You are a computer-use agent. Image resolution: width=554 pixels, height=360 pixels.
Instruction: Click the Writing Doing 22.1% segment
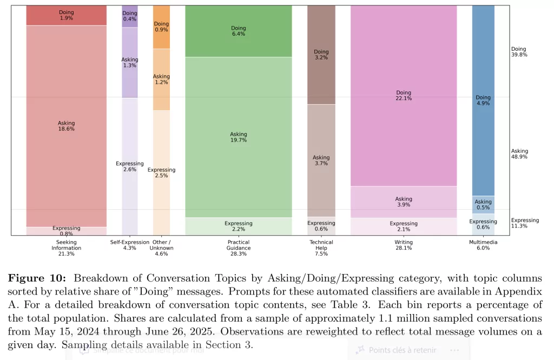click(404, 96)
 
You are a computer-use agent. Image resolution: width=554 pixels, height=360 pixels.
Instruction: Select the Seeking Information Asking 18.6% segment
click(66, 126)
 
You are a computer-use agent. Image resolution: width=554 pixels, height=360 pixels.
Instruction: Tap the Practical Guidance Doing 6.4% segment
click(238, 31)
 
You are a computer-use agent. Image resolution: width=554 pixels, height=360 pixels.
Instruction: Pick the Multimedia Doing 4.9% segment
click(483, 101)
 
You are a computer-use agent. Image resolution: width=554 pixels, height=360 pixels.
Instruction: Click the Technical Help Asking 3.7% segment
click(321, 161)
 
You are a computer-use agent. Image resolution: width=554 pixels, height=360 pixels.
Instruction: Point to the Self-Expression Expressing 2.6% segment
click(129, 166)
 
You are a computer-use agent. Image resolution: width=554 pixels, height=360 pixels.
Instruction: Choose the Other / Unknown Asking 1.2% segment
click(161, 79)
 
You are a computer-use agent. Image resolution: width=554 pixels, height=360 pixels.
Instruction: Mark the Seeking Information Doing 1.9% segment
click(66, 15)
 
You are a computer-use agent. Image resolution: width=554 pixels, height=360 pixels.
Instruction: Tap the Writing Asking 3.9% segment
click(404, 202)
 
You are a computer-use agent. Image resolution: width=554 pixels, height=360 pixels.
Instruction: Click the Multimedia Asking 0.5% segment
click(483, 204)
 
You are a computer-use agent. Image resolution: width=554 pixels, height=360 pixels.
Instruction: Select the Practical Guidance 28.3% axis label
click(238, 248)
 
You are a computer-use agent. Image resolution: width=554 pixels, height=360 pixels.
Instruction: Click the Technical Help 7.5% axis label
click(321, 248)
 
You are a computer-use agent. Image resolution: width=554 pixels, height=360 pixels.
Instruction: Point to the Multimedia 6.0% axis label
click(483, 245)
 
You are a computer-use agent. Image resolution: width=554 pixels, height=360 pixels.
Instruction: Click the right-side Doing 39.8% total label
click(519, 52)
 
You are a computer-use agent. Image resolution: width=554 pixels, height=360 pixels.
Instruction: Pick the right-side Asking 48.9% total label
click(519, 154)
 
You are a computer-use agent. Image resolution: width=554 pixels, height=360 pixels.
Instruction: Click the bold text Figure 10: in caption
click(38, 278)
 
